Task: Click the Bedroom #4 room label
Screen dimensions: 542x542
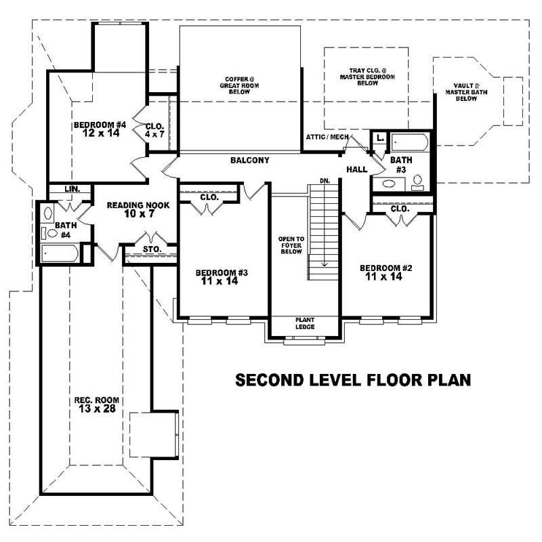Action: pos(100,125)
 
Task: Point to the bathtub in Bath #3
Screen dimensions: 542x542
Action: pos(410,142)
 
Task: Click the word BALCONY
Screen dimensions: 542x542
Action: pos(249,161)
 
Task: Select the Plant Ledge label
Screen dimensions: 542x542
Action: pos(303,323)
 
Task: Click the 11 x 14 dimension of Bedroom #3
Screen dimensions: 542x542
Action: pos(220,281)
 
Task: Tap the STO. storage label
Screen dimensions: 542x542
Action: pos(152,249)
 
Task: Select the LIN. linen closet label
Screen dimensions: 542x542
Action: pos(72,189)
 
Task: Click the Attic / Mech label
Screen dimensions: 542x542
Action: pos(327,137)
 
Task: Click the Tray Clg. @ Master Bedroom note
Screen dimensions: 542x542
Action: pos(367,77)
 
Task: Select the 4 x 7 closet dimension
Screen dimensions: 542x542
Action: pos(154,134)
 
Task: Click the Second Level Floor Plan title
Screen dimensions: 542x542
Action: pos(352,380)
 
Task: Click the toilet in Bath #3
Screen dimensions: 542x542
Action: pos(418,182)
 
